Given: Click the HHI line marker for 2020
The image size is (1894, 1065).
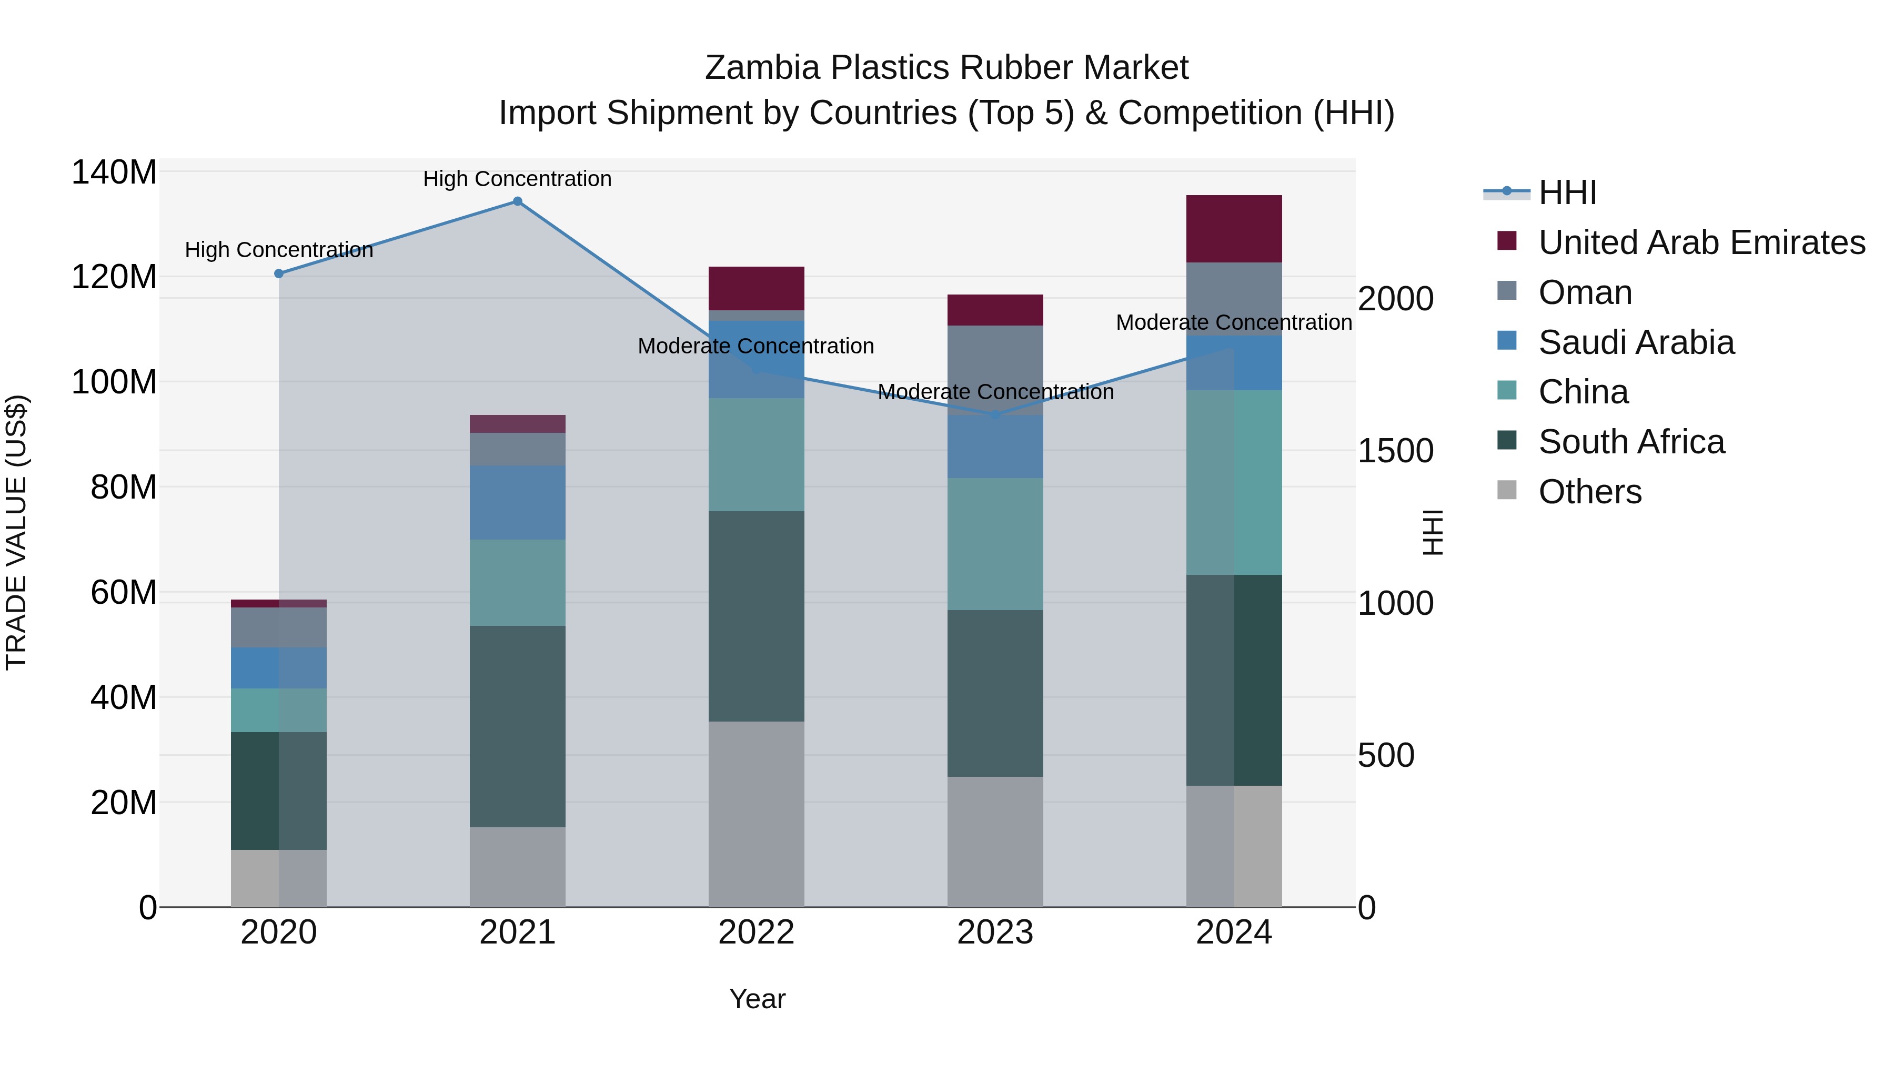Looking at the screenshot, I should tap(279, 273).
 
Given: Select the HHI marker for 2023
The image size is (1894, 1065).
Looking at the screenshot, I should tap(995, 415).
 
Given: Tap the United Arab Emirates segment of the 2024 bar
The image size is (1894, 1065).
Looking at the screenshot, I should tap(1234, 229).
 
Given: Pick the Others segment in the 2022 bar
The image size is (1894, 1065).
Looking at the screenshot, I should tap(756, 814).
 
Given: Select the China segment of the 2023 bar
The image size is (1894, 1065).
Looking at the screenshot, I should tap(995, 544).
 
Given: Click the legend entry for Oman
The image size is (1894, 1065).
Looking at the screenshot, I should tap(1585, 292).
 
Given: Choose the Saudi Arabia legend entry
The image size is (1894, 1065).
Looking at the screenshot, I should tap(1636, 342).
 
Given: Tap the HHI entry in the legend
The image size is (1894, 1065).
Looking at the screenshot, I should tap(1567, 192).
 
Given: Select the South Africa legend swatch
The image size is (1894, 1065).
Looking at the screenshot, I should tap(1507, 441).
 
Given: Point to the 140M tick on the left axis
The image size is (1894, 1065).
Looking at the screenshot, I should tap(114, 173).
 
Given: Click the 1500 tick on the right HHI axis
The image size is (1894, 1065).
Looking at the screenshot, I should tap(1395, 451).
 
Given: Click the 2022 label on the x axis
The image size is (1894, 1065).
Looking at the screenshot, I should tap(756, 932).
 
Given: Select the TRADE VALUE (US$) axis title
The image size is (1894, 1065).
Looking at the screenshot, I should tap(16, 532).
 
